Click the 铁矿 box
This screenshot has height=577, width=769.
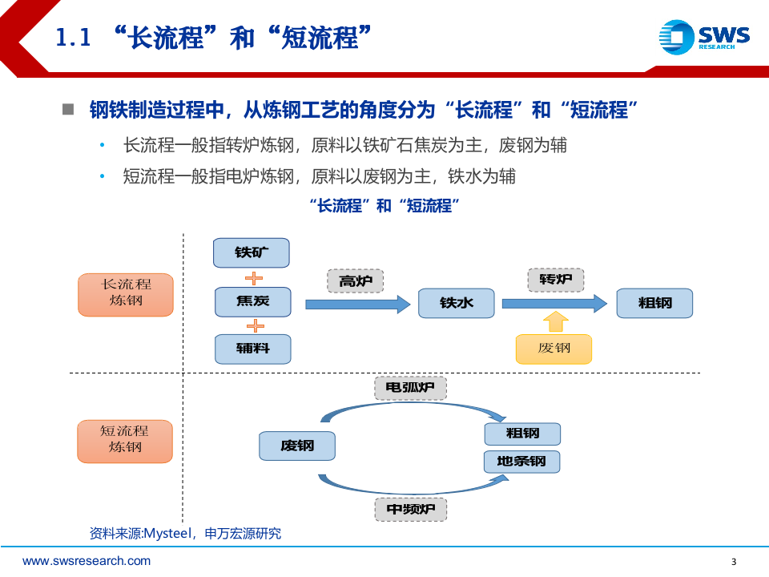pos(251,252)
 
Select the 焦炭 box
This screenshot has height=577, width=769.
pos(252,302)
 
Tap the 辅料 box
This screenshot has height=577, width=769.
pos(252,349)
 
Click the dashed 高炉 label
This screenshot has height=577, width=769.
pos(356,280)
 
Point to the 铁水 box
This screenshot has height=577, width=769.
pos(456,303)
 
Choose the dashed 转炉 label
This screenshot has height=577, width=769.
pos(555,280)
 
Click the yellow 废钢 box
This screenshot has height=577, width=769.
pos(554,349)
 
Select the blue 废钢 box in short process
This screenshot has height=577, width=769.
pos(296,446)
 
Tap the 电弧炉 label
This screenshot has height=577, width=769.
pos(410,389)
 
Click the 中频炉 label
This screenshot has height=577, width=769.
pos(410,509)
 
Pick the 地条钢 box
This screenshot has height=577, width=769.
pos(521,462)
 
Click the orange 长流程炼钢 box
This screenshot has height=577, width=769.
pos(125,294)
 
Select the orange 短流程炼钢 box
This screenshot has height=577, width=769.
pos(125,441)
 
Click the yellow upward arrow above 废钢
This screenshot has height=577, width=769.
pos(554,322)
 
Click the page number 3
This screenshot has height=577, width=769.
pos(734,561)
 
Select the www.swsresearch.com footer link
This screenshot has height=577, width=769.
pos(87,561)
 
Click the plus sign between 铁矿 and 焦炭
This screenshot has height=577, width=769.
pos(253,278)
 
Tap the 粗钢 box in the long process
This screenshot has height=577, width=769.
pos(654,303)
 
